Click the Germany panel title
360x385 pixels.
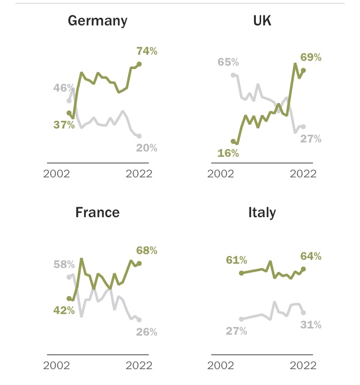click(x=97, y=21)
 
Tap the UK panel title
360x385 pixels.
click(x=262, y=21)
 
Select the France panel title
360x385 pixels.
click(x=97, y=212)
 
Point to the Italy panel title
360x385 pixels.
click(x=262, y=212)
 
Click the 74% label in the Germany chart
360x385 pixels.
click(x=146, y=51)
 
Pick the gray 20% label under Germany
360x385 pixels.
click(x=146, y=148)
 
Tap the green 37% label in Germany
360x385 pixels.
click(x=64, y=125)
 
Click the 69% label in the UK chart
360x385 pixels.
click(x=311, y=58)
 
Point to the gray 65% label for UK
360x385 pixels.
click(x=228, y=62)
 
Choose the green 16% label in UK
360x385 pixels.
click(x=228, y=153)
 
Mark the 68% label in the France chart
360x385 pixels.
click(x=146, y=250)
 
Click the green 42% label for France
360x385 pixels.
click(x=64, y=310)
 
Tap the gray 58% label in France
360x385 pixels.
click(x=64, y=265)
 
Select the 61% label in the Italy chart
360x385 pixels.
click(x=236, y=260)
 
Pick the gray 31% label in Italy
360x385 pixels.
click(x=311, y=325)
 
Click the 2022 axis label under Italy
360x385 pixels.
click(x=303, y=365)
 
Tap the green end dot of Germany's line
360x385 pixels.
click(x=139, y=64)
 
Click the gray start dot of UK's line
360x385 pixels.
click(x=233, y=75)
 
